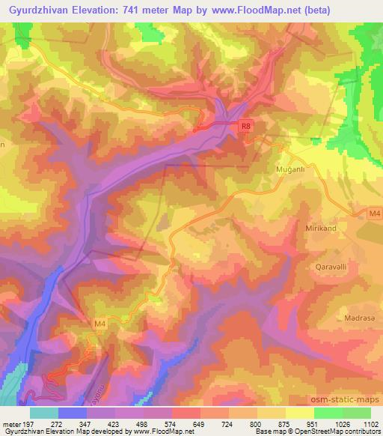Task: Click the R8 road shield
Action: [246, 127]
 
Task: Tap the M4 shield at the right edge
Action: [374, 214]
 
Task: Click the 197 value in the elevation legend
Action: [25, 425]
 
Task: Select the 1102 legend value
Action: [370, 425]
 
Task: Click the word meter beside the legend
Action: [10, 425]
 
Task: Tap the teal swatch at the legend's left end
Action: [44, 413]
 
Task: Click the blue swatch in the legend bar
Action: [73, 413]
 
